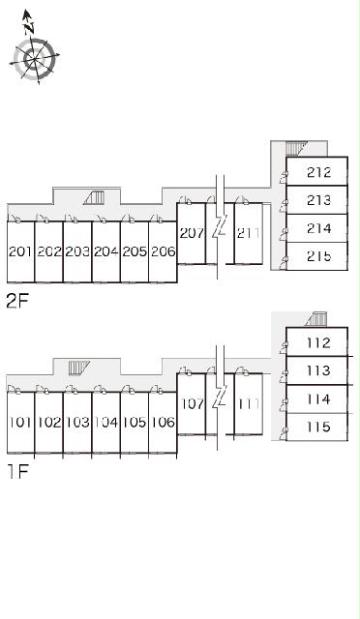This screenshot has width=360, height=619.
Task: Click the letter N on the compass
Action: [28, 28]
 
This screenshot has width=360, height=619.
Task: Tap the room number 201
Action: [20, 251]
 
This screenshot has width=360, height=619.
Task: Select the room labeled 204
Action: [105, 251]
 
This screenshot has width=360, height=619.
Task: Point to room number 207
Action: [192, 233]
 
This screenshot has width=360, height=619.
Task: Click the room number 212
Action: [318, 172]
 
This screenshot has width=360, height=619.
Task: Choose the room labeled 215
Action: [318, 256]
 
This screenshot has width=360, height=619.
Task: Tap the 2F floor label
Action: [17, 302]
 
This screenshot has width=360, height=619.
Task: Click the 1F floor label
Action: [18, 471]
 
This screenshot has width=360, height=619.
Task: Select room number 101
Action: [20, 422]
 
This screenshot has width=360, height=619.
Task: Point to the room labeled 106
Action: [164, 422]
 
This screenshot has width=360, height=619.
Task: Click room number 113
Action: [318, 370]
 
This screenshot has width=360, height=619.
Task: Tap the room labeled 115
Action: [318, 427]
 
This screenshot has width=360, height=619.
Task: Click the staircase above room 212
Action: [296, 149]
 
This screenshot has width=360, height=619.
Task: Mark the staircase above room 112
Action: [316, 319]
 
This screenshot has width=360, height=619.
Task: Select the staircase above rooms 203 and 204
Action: [95, 197]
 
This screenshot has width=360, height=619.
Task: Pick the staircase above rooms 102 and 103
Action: [79, 368]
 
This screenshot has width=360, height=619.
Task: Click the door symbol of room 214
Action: [284, 234]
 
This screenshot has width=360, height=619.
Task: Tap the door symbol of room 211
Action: [242, 200]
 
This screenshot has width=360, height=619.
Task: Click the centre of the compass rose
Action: [35, 59]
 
